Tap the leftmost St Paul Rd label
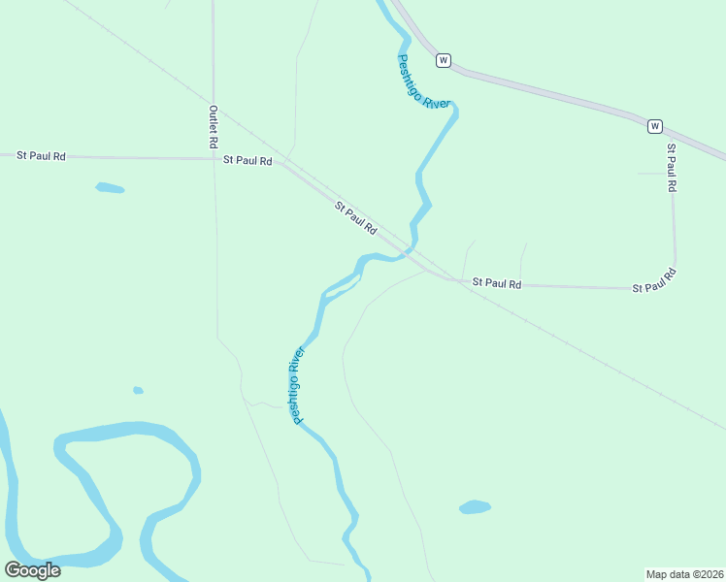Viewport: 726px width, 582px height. tap(41, 155)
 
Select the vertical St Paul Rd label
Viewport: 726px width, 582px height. tap(670, 167)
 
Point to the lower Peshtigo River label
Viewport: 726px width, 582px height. tap(298, 385)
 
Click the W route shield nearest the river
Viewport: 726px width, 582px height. tap(443, 60)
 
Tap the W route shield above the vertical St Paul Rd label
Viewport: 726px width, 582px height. tap(655, 126)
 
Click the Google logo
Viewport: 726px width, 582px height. tap(32, 570)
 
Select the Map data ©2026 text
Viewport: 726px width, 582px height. tap(684, 573)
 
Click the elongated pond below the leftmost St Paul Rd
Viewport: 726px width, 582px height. tap(110, 188)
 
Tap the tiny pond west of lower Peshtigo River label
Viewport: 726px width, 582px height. tap(138, 390)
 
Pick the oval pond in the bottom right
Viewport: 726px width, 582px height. tap(475, 507)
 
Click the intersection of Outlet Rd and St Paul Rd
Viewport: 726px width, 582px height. tap(214, 159)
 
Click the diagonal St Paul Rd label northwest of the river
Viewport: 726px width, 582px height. tap(355, 218)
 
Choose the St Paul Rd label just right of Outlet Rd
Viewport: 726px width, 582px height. tap(247, 160)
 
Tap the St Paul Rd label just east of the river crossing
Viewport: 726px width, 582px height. tap(497, 283)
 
